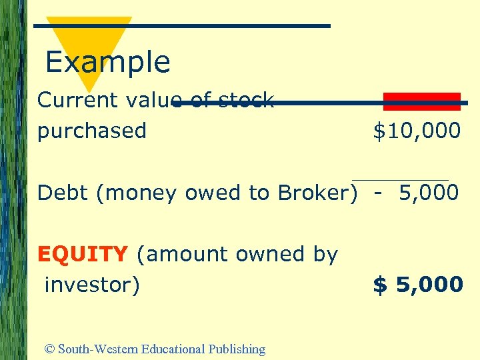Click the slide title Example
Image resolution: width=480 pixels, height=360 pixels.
108,62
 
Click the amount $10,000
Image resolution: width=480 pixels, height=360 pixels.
417,131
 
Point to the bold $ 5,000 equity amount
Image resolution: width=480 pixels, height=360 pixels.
418,285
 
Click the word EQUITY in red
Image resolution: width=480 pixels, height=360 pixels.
83,254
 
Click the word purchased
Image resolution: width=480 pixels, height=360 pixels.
91,131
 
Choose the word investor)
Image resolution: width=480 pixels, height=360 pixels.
92,285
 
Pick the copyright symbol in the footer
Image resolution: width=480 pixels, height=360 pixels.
49,349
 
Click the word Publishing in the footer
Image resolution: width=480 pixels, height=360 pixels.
237,349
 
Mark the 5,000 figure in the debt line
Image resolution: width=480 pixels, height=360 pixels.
429,193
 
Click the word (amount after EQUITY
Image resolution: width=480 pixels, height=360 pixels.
176,254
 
